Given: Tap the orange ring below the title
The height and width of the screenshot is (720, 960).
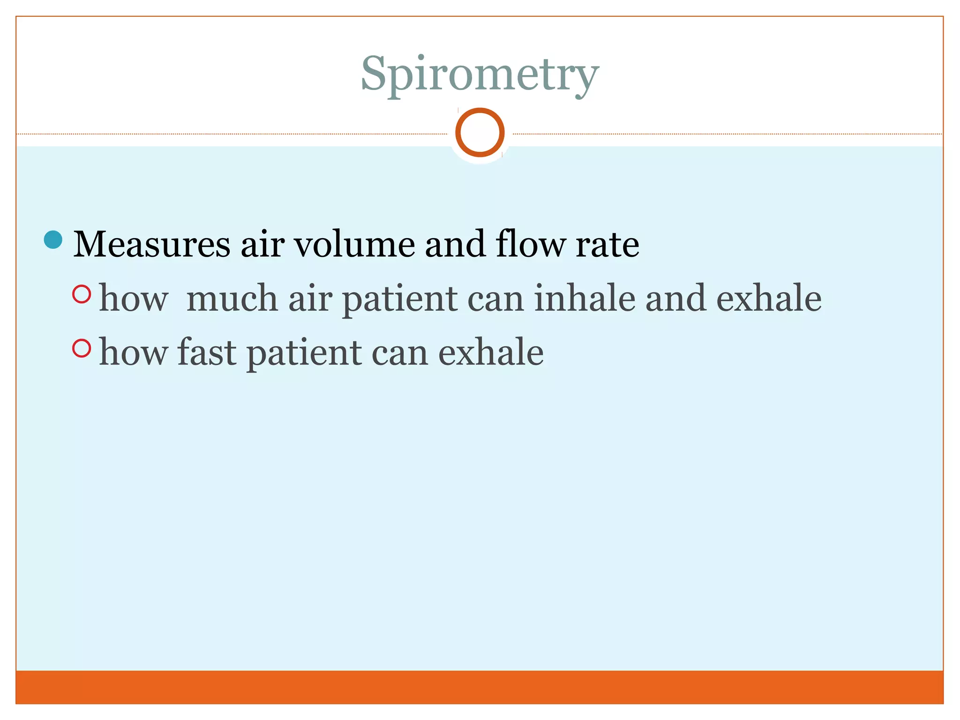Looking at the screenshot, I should (480, 132).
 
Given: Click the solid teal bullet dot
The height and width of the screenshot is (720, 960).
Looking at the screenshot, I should (53, 240).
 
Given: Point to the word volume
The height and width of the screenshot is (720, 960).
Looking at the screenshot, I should (354, 244).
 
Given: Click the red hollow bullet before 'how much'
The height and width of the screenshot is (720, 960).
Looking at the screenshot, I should (82, 294).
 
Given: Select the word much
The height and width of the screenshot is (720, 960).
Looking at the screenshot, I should (232, 299).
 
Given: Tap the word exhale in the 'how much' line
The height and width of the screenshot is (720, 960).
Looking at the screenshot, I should (769, 299).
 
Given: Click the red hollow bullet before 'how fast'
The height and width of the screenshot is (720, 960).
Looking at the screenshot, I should (82, 348).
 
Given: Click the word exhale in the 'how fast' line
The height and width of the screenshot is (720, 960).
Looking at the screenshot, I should (491, 352).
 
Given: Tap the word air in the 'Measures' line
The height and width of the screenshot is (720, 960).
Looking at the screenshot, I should (262, 244).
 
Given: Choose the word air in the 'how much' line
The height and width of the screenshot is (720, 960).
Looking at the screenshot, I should (310, 299).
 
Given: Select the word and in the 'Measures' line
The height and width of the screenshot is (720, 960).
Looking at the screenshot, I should (455, 244).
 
